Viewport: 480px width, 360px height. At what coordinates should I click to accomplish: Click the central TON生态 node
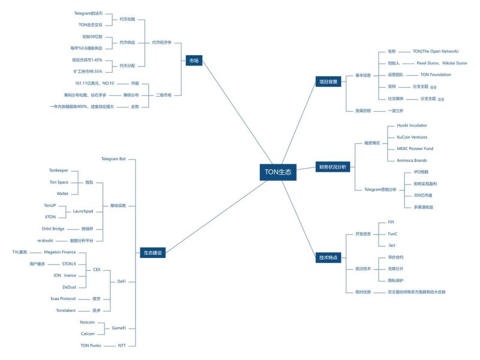click(278, 172)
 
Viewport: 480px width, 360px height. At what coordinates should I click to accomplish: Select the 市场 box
click(194, 61)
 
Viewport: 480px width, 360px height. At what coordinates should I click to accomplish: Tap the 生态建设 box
click(152, 253)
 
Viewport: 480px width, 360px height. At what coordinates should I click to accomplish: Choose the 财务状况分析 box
click(332, 167)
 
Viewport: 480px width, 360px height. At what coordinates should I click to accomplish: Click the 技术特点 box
click(328, 257)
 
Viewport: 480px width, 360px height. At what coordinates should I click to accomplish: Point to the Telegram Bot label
click(113, 159)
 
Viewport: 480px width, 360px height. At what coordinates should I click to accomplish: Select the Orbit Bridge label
click(53, 229)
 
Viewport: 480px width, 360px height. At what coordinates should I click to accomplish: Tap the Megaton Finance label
click(60, 252)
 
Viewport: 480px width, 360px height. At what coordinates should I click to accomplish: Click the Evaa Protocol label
click(63, 298)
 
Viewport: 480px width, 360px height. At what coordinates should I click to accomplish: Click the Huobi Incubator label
click(407, 125)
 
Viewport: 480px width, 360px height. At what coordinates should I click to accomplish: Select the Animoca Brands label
click(407, 160)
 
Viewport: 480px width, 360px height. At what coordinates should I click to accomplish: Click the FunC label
click(393, 233)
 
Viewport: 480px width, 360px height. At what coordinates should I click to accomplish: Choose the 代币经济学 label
click(161, 43)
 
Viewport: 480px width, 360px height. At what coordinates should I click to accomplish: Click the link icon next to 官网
click(433, 87)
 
